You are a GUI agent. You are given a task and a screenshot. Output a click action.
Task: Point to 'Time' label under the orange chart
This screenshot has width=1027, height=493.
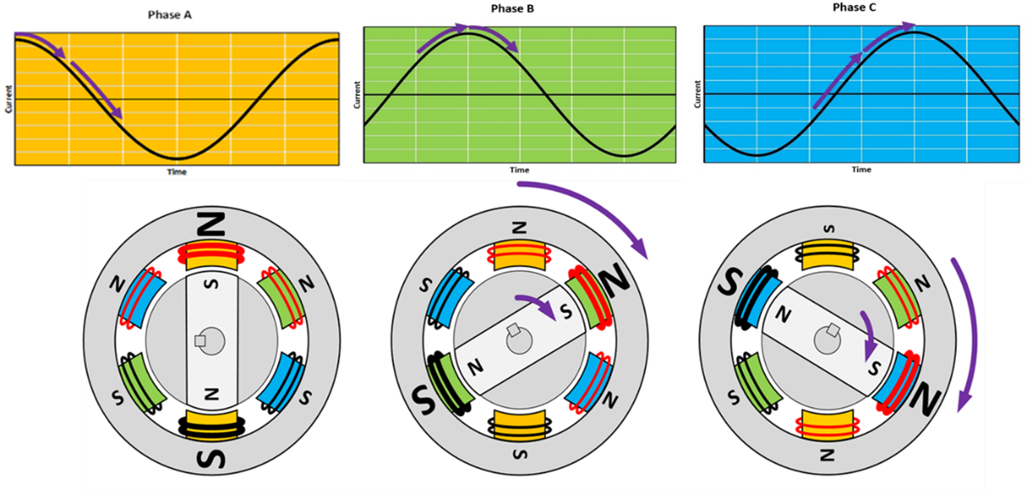click(176, 172)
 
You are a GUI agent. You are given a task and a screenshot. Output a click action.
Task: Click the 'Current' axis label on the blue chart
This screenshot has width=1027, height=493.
click(698, 96)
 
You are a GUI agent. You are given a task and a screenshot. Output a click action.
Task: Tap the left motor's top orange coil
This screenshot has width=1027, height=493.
click(211, 258)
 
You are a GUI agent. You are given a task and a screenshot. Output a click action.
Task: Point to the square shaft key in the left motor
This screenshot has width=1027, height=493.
click(200, 340)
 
